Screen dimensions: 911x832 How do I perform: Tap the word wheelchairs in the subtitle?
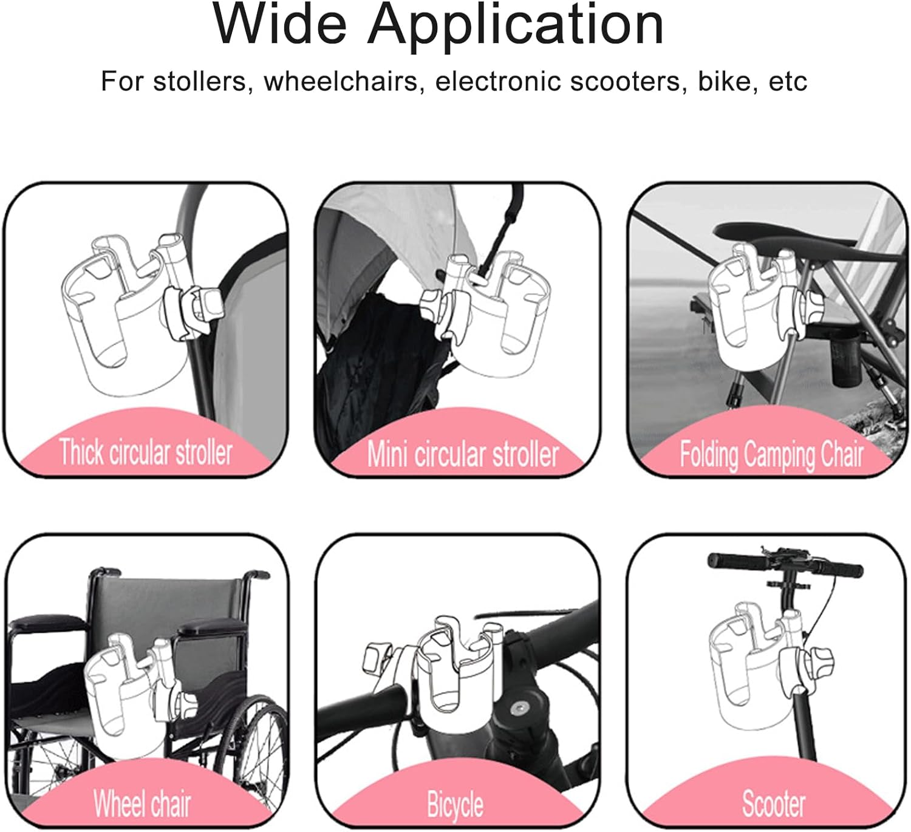coord(341,82)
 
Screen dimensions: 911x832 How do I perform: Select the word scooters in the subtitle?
coord(625,82)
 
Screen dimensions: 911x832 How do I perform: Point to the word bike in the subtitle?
coord(725,81)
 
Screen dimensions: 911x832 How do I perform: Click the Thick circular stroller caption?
coord(146,452)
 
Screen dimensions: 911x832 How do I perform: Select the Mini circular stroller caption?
coord(463,454)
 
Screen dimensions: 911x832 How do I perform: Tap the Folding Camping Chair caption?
coord(771,455)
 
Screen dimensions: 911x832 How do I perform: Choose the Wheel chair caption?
coord(142,803)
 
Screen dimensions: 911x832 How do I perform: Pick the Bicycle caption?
coord(455,805)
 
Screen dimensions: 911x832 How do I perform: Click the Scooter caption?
coord(774,803)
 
